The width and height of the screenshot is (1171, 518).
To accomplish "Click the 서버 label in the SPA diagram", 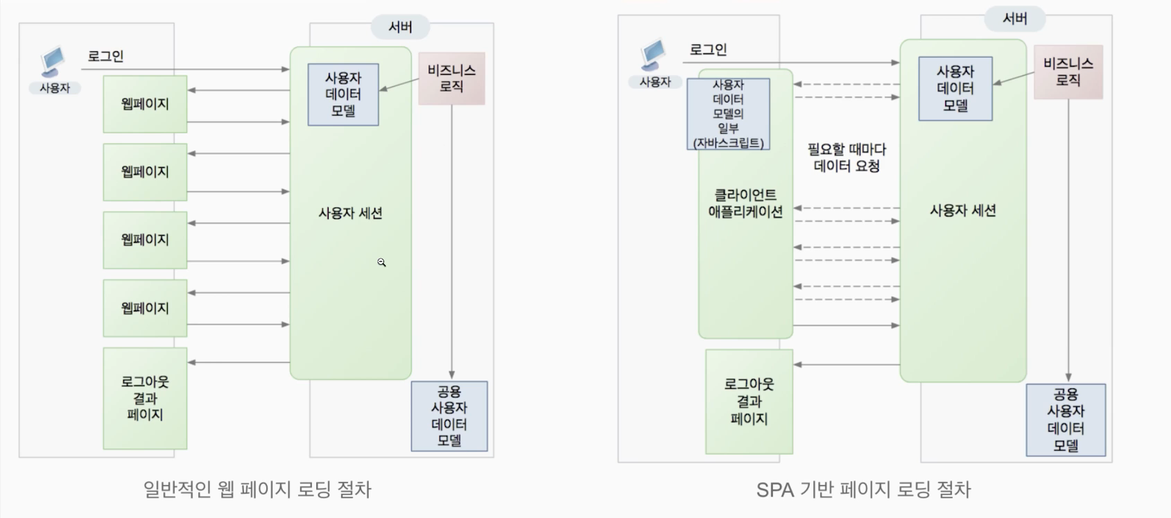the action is coord(1014,19).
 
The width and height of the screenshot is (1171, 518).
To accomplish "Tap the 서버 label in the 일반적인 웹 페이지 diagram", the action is coord(400,27).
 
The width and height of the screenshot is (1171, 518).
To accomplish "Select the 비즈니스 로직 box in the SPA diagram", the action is coord(1068,72).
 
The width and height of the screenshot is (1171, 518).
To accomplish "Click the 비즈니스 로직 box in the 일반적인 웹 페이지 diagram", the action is coord(451,78).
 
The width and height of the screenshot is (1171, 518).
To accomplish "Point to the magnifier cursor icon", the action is coord(381,262).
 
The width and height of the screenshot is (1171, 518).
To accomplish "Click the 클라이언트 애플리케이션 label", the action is coord(745,203).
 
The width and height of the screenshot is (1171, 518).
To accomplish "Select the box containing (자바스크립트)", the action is coord(728,114).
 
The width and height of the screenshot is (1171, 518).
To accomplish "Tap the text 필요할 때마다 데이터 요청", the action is coord(847,157).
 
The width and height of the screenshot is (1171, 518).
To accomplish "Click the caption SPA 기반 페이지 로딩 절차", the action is coord(863,490).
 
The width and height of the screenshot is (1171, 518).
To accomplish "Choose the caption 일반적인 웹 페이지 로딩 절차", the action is coord(257,490).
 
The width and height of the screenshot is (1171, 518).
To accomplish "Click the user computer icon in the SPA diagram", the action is coord(653,55).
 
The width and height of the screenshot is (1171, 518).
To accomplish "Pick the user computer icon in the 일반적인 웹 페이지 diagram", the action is coord(53,62).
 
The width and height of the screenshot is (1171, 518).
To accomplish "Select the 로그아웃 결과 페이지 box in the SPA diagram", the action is coord(749,402).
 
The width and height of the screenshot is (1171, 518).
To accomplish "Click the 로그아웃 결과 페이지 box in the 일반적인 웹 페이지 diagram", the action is coord(145,398).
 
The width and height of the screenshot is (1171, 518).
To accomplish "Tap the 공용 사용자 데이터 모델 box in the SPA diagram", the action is coord(1066,420).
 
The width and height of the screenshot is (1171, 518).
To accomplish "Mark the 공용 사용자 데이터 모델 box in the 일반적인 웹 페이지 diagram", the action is coord(449,416).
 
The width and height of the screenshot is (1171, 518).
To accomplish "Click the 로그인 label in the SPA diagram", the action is coord(708,49).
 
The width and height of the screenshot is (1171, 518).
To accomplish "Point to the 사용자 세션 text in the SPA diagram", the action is coord(962,210).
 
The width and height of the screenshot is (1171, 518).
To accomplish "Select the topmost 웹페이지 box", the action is coord(145,104).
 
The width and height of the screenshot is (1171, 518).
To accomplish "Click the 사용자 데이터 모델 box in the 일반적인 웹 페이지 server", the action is coord(343,94).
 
